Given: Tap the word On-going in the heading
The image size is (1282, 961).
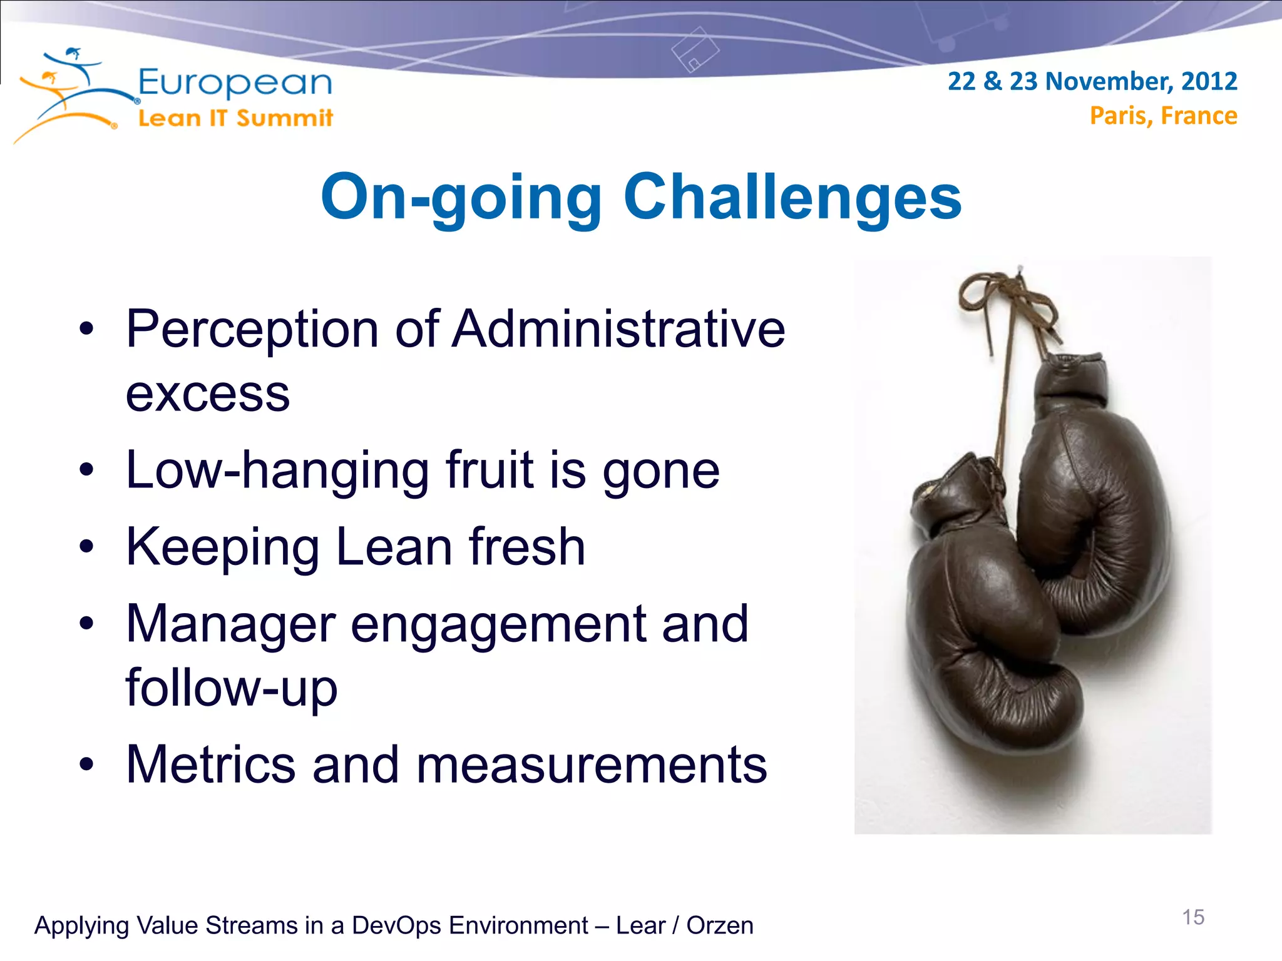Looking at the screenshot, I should click(461, 197).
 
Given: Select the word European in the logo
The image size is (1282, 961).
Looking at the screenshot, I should click(235, 83).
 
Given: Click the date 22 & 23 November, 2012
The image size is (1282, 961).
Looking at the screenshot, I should click(1092, 81).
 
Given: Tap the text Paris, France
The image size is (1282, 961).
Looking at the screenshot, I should click(1163, 116).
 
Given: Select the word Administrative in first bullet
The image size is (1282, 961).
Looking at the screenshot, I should click(618, 329).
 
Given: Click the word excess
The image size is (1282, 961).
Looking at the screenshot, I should click(208, 394).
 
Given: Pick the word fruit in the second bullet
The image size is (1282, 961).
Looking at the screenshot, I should click(490, 470).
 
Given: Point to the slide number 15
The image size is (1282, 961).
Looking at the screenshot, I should click(1192, 917).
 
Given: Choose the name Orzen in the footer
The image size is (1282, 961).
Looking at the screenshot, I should click(719, 925).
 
